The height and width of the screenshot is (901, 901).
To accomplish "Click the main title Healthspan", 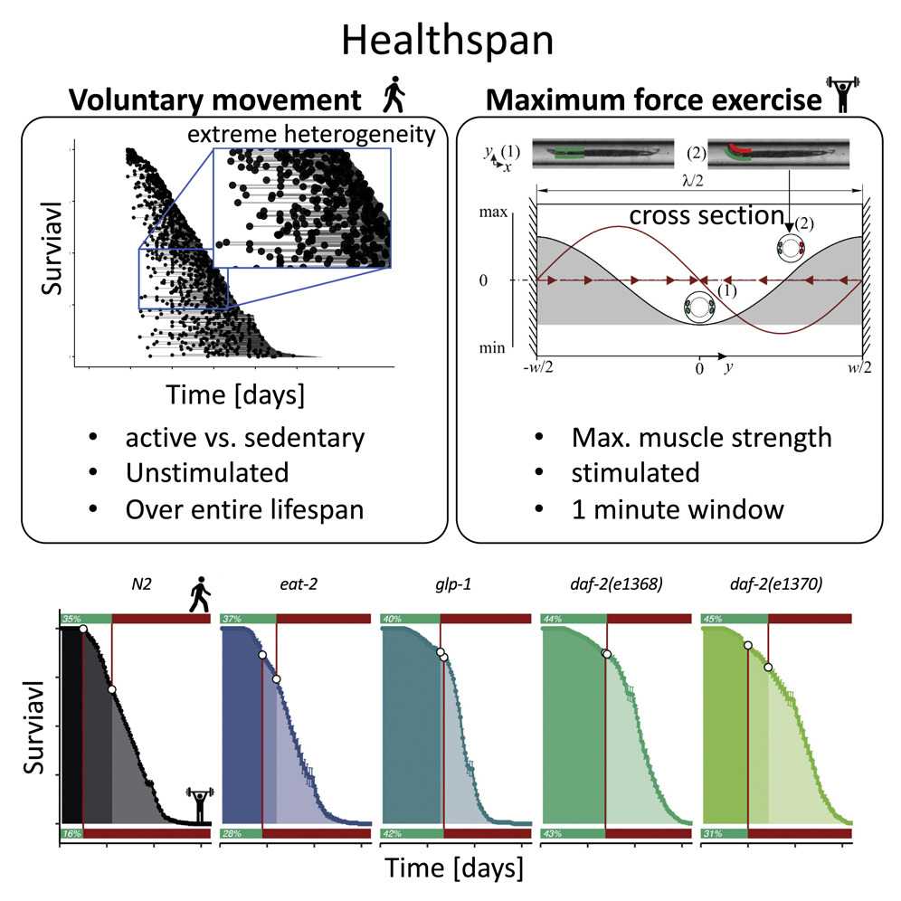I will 450,41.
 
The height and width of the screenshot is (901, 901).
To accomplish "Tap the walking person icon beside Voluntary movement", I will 392,95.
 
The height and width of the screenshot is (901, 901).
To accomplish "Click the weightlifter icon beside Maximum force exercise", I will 840,95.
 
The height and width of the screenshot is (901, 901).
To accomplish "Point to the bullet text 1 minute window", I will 677,508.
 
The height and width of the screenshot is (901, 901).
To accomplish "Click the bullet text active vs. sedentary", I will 245,439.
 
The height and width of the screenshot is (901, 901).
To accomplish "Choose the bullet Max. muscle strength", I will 701,439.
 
